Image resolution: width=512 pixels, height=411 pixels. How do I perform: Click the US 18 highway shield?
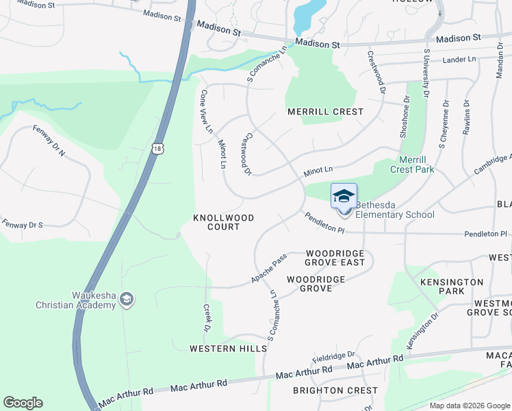coord(158,148)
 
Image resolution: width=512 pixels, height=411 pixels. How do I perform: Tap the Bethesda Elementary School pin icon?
coord(344,196)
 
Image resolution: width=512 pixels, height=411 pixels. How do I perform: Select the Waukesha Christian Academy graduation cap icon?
coord(126,299)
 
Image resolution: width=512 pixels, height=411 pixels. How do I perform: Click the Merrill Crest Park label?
coord(412,164)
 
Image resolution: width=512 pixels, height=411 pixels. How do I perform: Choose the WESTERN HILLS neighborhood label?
coord(228,349)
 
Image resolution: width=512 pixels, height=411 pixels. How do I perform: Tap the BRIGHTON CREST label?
coord(335,390)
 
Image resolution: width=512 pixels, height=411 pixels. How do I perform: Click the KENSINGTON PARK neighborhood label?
coord(452,287)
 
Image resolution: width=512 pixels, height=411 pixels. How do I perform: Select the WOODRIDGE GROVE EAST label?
coord(335,258)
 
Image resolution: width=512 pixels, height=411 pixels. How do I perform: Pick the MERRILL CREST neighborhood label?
coord(324,112)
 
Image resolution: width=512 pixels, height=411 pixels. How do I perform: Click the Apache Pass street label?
coord(268,269)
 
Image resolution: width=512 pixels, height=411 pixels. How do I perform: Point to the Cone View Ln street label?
coord(206,111)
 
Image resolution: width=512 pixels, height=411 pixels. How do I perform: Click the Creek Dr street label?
coord(206,319)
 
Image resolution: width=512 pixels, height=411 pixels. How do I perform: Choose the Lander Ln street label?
coord(459,60)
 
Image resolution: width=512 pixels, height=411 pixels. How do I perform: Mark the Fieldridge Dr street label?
coord(333,356)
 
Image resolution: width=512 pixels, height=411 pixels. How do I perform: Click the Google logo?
coord(23,403)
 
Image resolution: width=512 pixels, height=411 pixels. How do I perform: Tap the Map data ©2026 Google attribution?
coord(469,406)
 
